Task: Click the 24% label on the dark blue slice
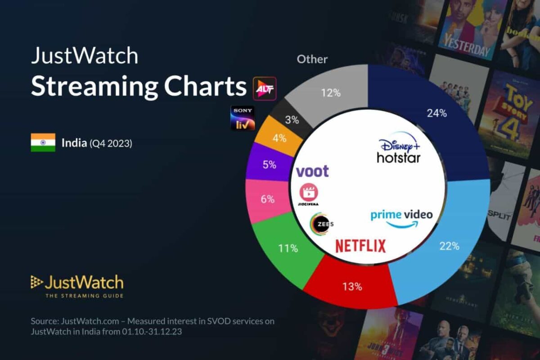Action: point(436,113)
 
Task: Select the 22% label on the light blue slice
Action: point(449,246)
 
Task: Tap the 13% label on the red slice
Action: point(351,286)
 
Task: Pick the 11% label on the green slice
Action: point(288,248)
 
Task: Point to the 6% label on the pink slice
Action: point(267,198)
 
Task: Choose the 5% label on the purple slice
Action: point(269,165)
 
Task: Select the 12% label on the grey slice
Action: point(330,94)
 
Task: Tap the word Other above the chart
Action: point(312,59)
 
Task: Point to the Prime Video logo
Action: point(401,217)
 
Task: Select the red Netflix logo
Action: point(360,246)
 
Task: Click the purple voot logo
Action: point(312,171)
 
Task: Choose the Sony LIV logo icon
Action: point(243,118)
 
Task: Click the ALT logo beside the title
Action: point(264,88)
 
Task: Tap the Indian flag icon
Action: point(43,143)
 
